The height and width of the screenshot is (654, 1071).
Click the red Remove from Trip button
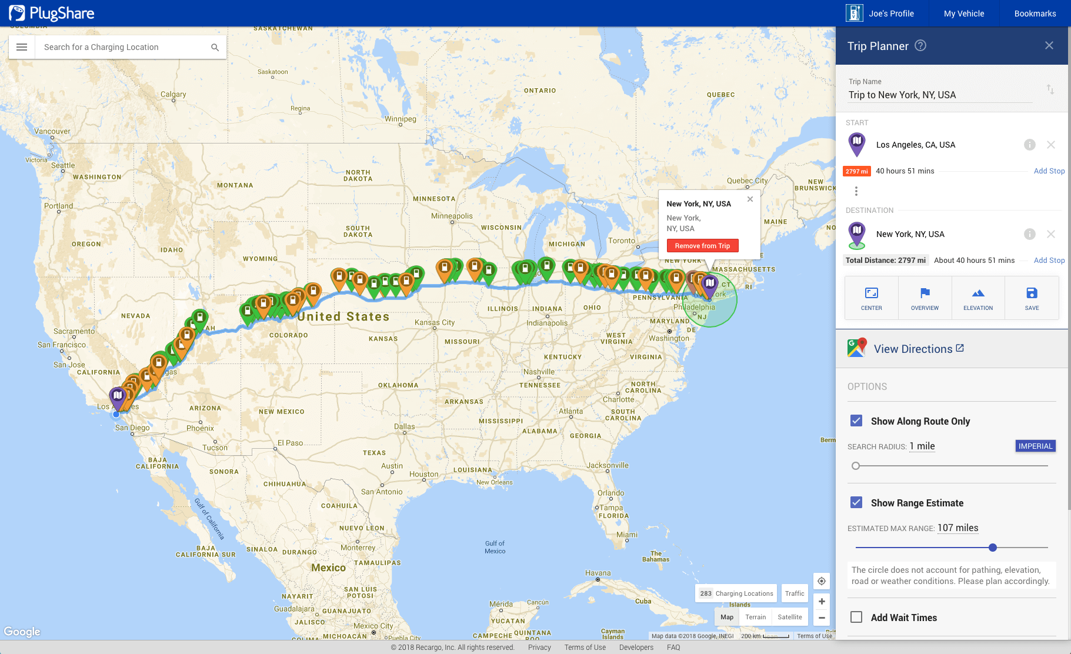702,246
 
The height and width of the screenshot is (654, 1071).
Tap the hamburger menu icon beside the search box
22,47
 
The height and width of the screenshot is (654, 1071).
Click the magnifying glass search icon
215,47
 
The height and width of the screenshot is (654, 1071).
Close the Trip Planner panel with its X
1049,46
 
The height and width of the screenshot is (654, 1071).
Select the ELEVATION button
977,298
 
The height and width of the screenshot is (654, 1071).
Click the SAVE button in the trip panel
1032,298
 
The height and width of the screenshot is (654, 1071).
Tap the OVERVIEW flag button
925,298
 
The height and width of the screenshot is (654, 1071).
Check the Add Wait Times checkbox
856,617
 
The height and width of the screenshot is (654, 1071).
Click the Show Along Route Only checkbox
856,421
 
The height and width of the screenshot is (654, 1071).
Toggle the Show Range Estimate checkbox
856,502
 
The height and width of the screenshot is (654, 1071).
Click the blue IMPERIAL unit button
1035,446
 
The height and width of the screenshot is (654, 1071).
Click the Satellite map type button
789,617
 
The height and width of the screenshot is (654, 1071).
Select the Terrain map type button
755,617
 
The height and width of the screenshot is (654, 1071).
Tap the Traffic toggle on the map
794,593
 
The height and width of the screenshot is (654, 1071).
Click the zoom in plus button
821,601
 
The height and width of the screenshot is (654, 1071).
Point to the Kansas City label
434,322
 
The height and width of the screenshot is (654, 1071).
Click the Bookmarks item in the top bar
1035,14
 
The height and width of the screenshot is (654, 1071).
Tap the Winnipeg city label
401,119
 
